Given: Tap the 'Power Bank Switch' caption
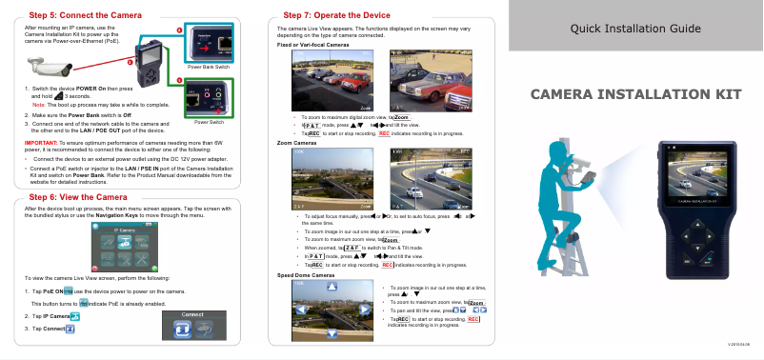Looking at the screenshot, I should pos(208,68).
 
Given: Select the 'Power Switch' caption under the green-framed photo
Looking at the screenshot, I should pos(208,123).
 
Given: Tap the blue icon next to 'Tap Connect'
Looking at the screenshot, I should pos(71,329).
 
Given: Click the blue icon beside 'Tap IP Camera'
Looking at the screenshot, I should pos(75,315).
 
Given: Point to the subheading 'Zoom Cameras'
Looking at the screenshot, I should pos(294,142).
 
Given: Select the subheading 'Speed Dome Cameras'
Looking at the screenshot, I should pos(306,275).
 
